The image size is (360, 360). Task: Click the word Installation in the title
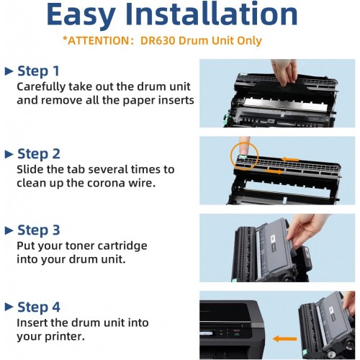coord(211,14)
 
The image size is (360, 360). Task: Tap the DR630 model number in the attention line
coord(158,40)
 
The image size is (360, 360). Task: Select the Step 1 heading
coord(38,71)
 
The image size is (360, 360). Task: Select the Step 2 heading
coord(39,154)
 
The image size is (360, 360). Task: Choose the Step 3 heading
coord(39,230)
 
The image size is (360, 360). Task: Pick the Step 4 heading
coord(39,307)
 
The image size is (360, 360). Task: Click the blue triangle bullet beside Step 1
coord(9,71)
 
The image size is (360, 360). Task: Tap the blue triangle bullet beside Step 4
coord(9,307)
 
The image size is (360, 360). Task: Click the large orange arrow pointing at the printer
coord(285,339)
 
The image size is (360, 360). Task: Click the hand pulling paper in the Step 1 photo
coord(284,71)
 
